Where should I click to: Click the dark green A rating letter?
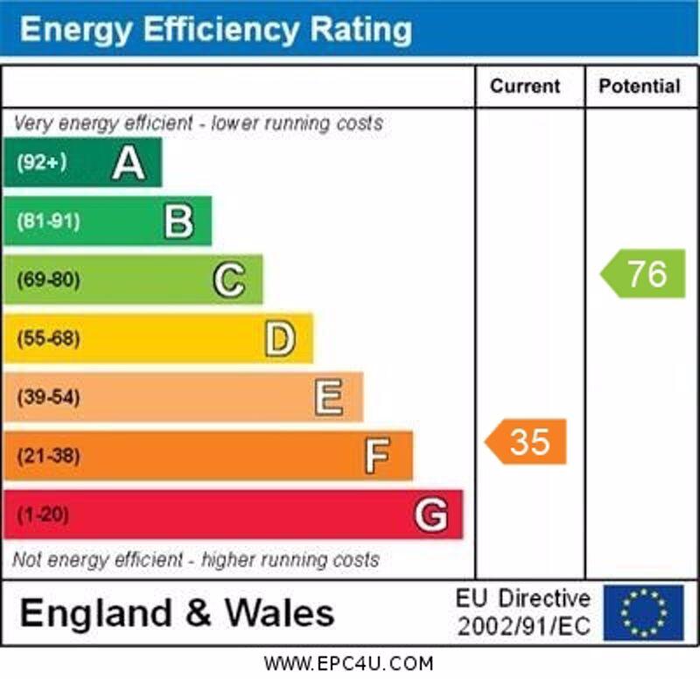pos(128,163)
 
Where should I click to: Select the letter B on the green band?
pos(178,221)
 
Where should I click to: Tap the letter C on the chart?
pos(228,280)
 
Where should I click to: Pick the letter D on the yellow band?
pos(279,339)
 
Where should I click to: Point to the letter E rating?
pos(329,397)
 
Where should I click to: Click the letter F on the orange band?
pos(378,456)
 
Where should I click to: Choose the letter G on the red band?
pos(430,514)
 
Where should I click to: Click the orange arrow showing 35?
pos(527,442)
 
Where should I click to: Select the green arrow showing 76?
pos(644,274)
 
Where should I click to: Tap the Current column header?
pos(525,86)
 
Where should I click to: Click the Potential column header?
pos(639,86)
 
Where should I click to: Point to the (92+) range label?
pos(41,163)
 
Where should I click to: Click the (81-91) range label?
pos(47,221)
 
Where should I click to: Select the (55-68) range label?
pos(48,339)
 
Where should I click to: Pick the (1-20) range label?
pos(42,514)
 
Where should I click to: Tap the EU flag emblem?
pos(643,612)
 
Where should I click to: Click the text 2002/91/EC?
pos(523,626)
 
